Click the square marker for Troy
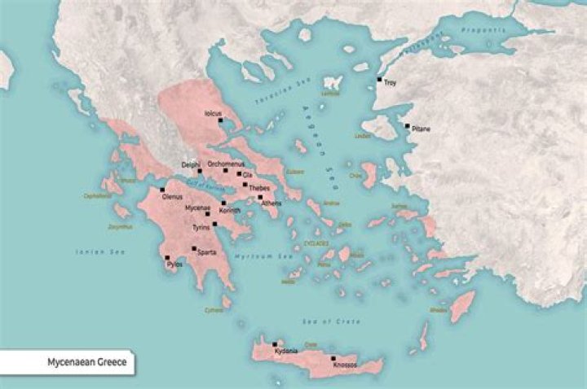tap(379, 79)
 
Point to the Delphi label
tap(191, 164)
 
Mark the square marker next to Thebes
tap(245, 185)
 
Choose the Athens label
tap(271, 203)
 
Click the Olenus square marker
tap(162, 190)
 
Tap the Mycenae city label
tap(197, 208)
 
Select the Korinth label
tap(230, 210)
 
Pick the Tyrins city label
tap(201, 227)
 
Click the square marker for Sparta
tap(194, 248)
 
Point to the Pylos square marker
tap(167, 257)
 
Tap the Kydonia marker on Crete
tap(276, 344)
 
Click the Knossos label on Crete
tap(345, 365)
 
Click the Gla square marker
tap(239, 173)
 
